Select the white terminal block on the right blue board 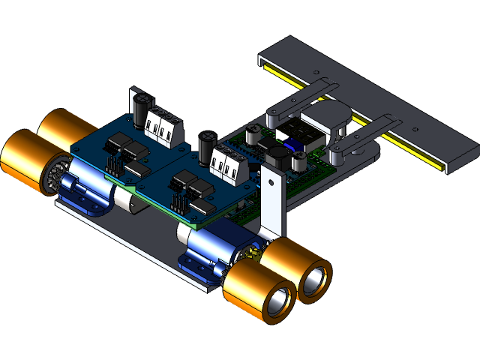228,165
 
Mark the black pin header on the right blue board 179,202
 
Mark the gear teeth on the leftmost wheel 52,177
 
